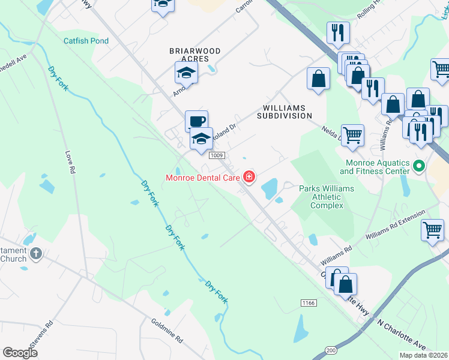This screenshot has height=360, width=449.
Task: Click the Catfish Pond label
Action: [x=86, y=41]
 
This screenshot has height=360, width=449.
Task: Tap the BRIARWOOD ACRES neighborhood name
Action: [x=194, y=55]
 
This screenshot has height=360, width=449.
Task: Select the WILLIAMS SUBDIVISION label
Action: [x=285, y=112]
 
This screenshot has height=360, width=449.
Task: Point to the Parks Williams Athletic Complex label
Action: [x=327, y=197]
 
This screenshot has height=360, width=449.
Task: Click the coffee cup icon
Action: [x=196, y=121]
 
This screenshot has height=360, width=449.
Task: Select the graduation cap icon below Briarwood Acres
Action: [x=186, y=73]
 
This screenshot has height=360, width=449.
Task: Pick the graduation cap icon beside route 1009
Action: [x=202, y=139]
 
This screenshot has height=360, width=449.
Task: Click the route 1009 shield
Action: [x=217, y=155]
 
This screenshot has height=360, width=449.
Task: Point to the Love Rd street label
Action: [x=70, y=161]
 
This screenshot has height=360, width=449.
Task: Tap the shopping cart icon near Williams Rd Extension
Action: [x=432, y=229]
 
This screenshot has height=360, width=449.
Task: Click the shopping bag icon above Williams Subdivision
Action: [x=318, y=78]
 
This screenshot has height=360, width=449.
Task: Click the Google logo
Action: [x=21, y=353]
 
